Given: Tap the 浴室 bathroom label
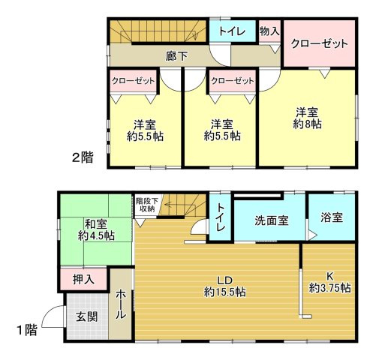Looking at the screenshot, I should [331, 218].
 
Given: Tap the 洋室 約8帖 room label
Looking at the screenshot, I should [308, 115].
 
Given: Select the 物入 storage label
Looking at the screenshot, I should [269, 31].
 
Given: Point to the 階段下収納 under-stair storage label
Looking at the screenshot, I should [146, 204].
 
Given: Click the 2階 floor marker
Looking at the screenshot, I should [83, 157].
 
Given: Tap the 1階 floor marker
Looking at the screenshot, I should [26, 328].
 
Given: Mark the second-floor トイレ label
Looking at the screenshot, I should [231, 31].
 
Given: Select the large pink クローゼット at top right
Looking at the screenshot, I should [319, 43].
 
